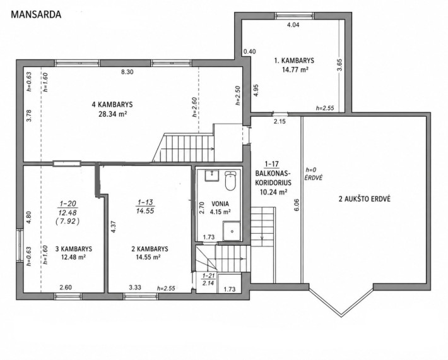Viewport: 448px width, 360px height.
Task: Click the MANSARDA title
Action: (36, 15)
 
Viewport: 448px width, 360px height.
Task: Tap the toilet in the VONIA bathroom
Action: (230, 181)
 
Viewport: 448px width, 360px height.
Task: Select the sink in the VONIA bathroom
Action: (212, 176)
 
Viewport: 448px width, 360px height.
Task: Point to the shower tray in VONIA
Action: (232, 231)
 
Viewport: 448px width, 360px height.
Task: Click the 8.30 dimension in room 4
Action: (127, 72)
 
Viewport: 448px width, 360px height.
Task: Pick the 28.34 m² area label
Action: (112, 114)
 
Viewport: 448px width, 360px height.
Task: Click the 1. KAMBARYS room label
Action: (294, 61)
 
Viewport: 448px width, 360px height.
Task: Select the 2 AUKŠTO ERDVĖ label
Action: (364, 199)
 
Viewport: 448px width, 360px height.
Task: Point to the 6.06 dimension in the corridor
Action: (297, 205)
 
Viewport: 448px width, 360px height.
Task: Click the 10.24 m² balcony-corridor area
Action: (273, 192)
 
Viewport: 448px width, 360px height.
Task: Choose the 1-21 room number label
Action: (208, 276)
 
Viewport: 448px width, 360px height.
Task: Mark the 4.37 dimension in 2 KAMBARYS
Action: (113, 226)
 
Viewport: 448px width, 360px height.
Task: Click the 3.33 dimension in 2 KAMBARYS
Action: (135, 287)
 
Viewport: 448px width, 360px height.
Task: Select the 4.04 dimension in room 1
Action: (293, 25)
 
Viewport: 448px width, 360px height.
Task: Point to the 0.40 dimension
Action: (249, 52)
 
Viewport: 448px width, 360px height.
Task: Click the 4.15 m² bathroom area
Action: (220, 212)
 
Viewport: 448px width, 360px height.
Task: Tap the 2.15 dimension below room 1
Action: (280, 121)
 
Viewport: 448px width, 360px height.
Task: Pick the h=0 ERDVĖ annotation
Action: (314, 174)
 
